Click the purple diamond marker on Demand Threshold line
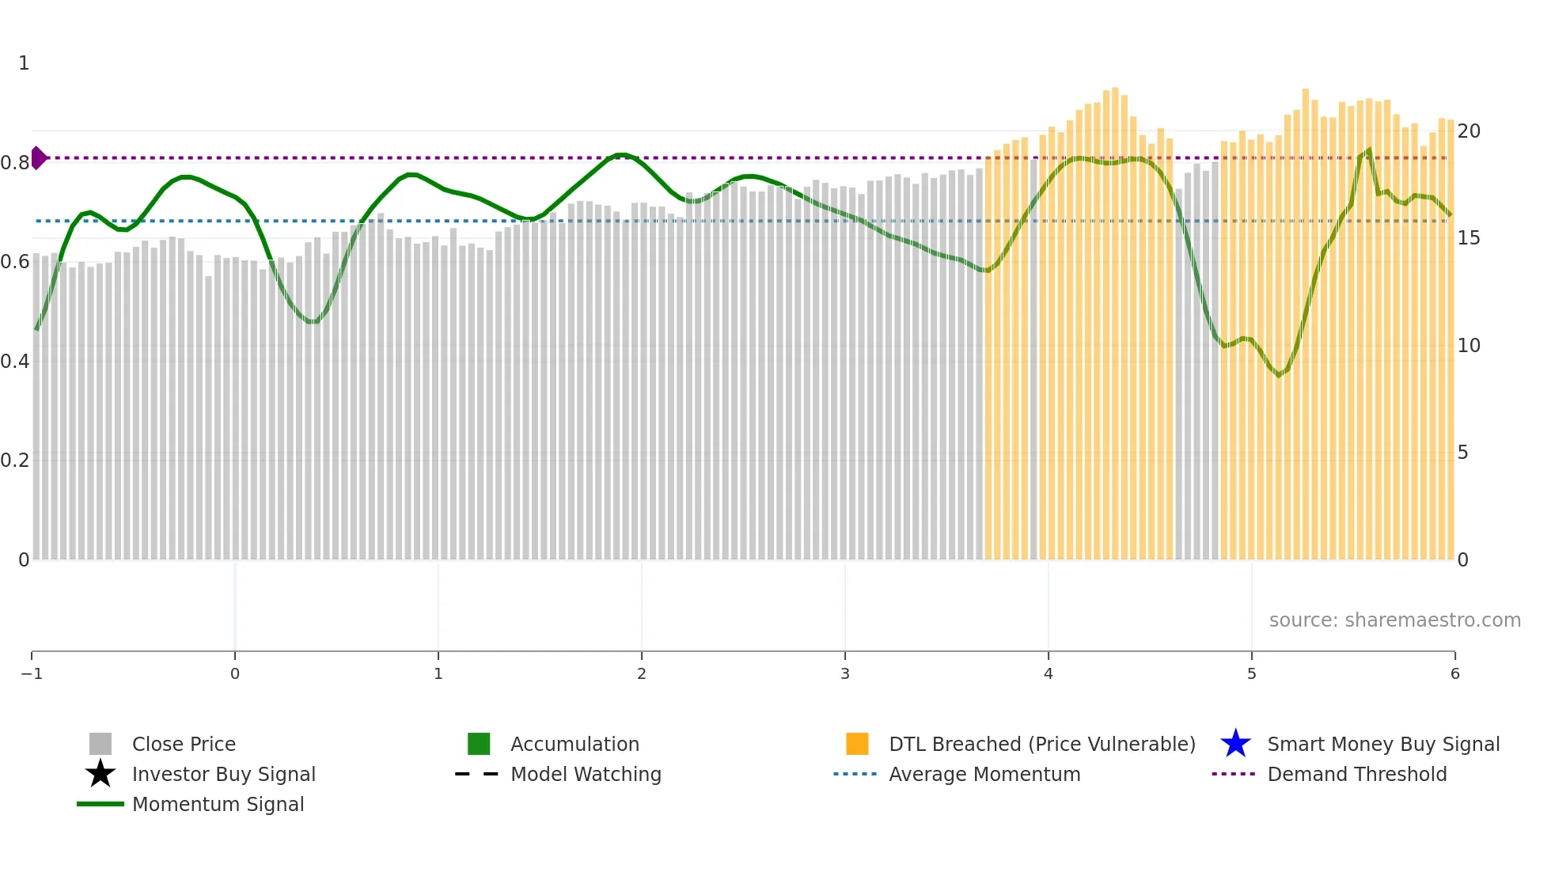pyautogui.click(x=38, y=157)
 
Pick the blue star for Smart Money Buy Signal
pyautogui.click(x=1235, y=744)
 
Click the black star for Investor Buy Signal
pyautogui.click(x=100, y=774)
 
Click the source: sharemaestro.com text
pyautogui.click(x=1394, y=620)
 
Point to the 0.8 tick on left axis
pyautogui.click(x=15, y=163)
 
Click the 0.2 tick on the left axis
pyautogui.click(x=15, y=461)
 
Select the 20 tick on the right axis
pyautogui.click(x=1469, y=131)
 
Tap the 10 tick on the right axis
pyautogui.click(x=1469, y=346)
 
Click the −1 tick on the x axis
pyautogui.click(x=32, y=673)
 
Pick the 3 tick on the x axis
pyautogui.click(x=845, y=673)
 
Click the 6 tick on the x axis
pyautogui.click(x=1454, y=673)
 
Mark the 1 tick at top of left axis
pyautogui.click(x=24, y=63)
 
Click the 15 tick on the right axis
pyautogui.click(x=1469, y=238)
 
